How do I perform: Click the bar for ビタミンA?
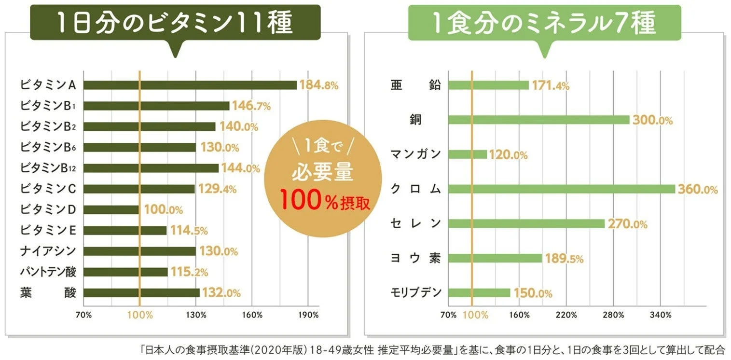point(190,85)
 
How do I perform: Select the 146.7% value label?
point(251,106)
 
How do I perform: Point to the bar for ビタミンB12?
point(151,168)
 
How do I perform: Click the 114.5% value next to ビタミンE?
point(189,231)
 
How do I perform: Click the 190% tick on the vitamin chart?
point(308,315)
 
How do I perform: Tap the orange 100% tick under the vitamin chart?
point(140,315)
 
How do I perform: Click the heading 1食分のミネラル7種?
point(544,23)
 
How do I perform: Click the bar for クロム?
point(561,189)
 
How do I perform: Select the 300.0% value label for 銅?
point(653,120)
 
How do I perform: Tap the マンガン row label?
point(415,154)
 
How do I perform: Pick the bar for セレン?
point(526,224)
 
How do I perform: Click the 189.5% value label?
point(564,259)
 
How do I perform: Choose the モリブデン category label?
point(415,293)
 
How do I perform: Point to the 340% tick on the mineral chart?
point(661,315)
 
